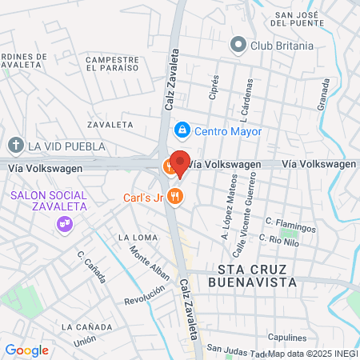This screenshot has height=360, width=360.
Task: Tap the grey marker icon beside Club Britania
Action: tap(238, 46)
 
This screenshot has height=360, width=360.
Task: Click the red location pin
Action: tap(180, 164)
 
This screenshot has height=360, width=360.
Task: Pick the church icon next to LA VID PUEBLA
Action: tap(15, 146)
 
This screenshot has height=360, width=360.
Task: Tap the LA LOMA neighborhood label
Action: tap(134, 238)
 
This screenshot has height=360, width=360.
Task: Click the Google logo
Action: tap(26, 350)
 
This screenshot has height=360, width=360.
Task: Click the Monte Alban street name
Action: tap(150, 267)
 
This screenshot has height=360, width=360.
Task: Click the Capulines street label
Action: tap(288, 337)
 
